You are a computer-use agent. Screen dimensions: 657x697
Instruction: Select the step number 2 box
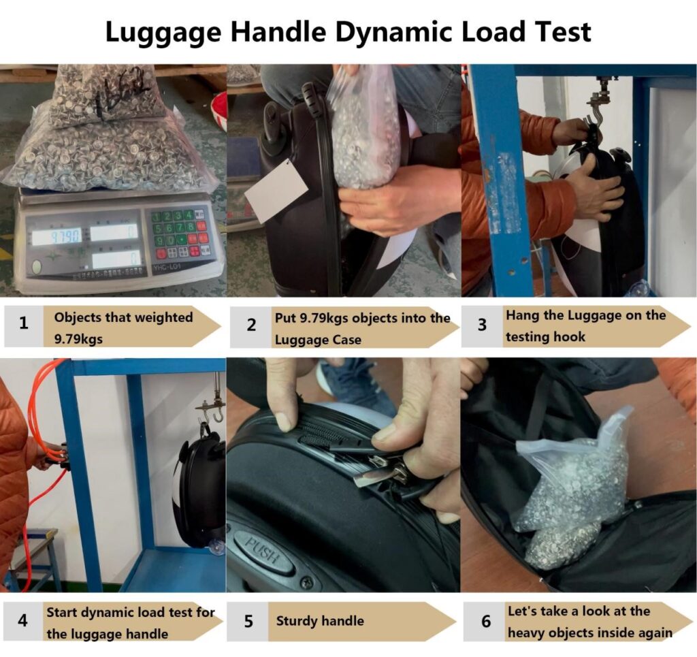tap(251, 325)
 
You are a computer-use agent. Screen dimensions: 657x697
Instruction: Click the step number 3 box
tap(482, 324)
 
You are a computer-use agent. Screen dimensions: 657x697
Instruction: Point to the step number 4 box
tap(22, 622)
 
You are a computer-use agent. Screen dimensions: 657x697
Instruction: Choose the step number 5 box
tap(248, 622)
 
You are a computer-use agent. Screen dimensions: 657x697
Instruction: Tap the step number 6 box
tap(485, 622)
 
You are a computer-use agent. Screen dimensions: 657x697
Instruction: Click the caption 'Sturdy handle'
tap(320, 621)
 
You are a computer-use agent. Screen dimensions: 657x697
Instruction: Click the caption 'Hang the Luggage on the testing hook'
tap(585, 325)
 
